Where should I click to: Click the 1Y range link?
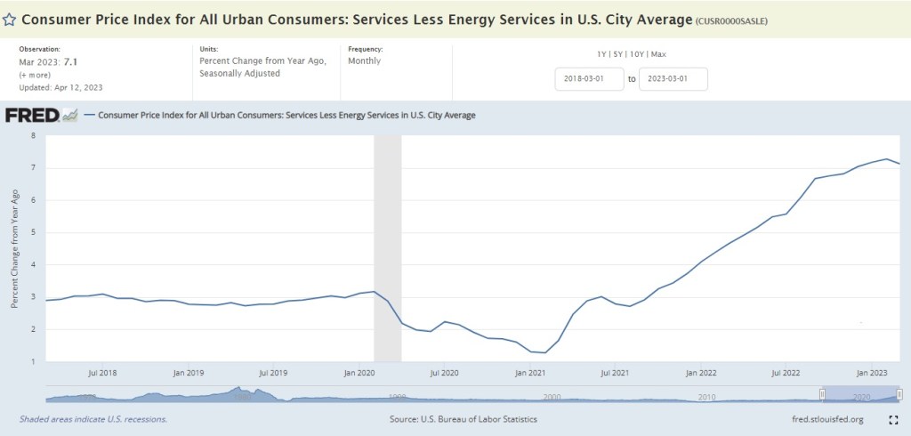[603, 54]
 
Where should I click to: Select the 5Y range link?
[621, 54]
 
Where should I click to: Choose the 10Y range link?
[640, 54]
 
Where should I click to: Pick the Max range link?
[659, 54]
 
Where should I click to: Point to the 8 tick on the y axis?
[33, 136]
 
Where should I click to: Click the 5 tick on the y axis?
[33, 233]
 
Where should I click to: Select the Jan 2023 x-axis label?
[872, 372]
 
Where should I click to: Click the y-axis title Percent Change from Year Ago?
[14, 248]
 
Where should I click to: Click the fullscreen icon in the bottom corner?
[892, 419]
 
